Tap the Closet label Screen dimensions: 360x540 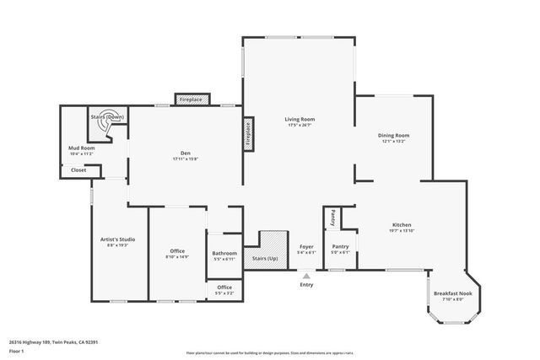(x=78, y=170)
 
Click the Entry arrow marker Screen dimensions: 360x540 (x=306, y=274)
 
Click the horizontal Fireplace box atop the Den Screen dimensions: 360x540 (x=190, y=99)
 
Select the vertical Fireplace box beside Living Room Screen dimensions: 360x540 (x=249, y=133)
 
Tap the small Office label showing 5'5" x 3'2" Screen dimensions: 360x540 (x=224, y=289)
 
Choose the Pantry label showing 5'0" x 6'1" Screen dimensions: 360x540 (x=340, y=249)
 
